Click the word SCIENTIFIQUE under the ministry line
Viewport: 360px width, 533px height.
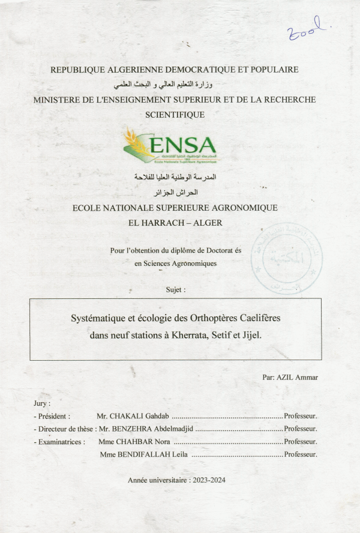175,114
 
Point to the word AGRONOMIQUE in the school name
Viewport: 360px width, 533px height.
242,208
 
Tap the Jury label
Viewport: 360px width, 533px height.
42,403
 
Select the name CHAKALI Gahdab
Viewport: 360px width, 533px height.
140,415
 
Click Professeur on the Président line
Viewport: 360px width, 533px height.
301,415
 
